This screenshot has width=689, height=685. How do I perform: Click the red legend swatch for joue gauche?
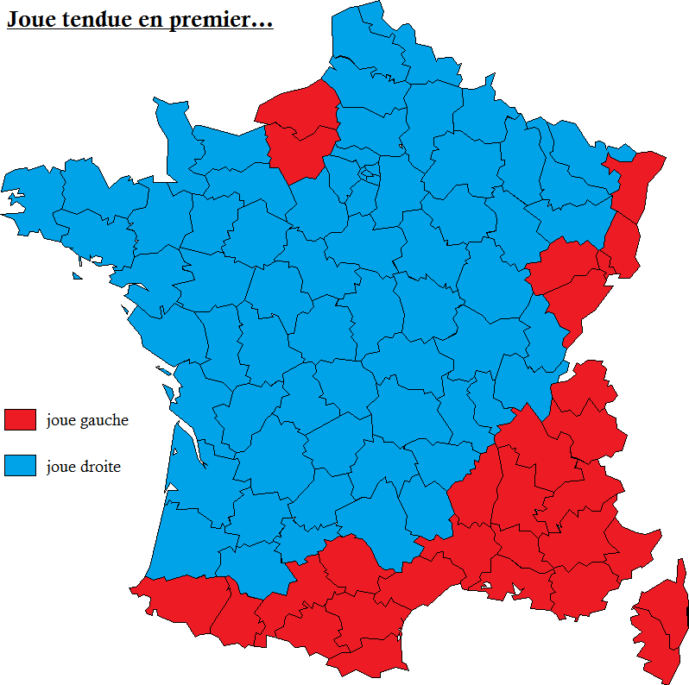click(x=20, y=420)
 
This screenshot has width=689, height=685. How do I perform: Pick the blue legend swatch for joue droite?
click(x=20, y=466)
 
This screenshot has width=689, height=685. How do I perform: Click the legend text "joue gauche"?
click(x=87, y=420)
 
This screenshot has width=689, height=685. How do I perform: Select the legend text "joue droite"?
click(x=84, y=467)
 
